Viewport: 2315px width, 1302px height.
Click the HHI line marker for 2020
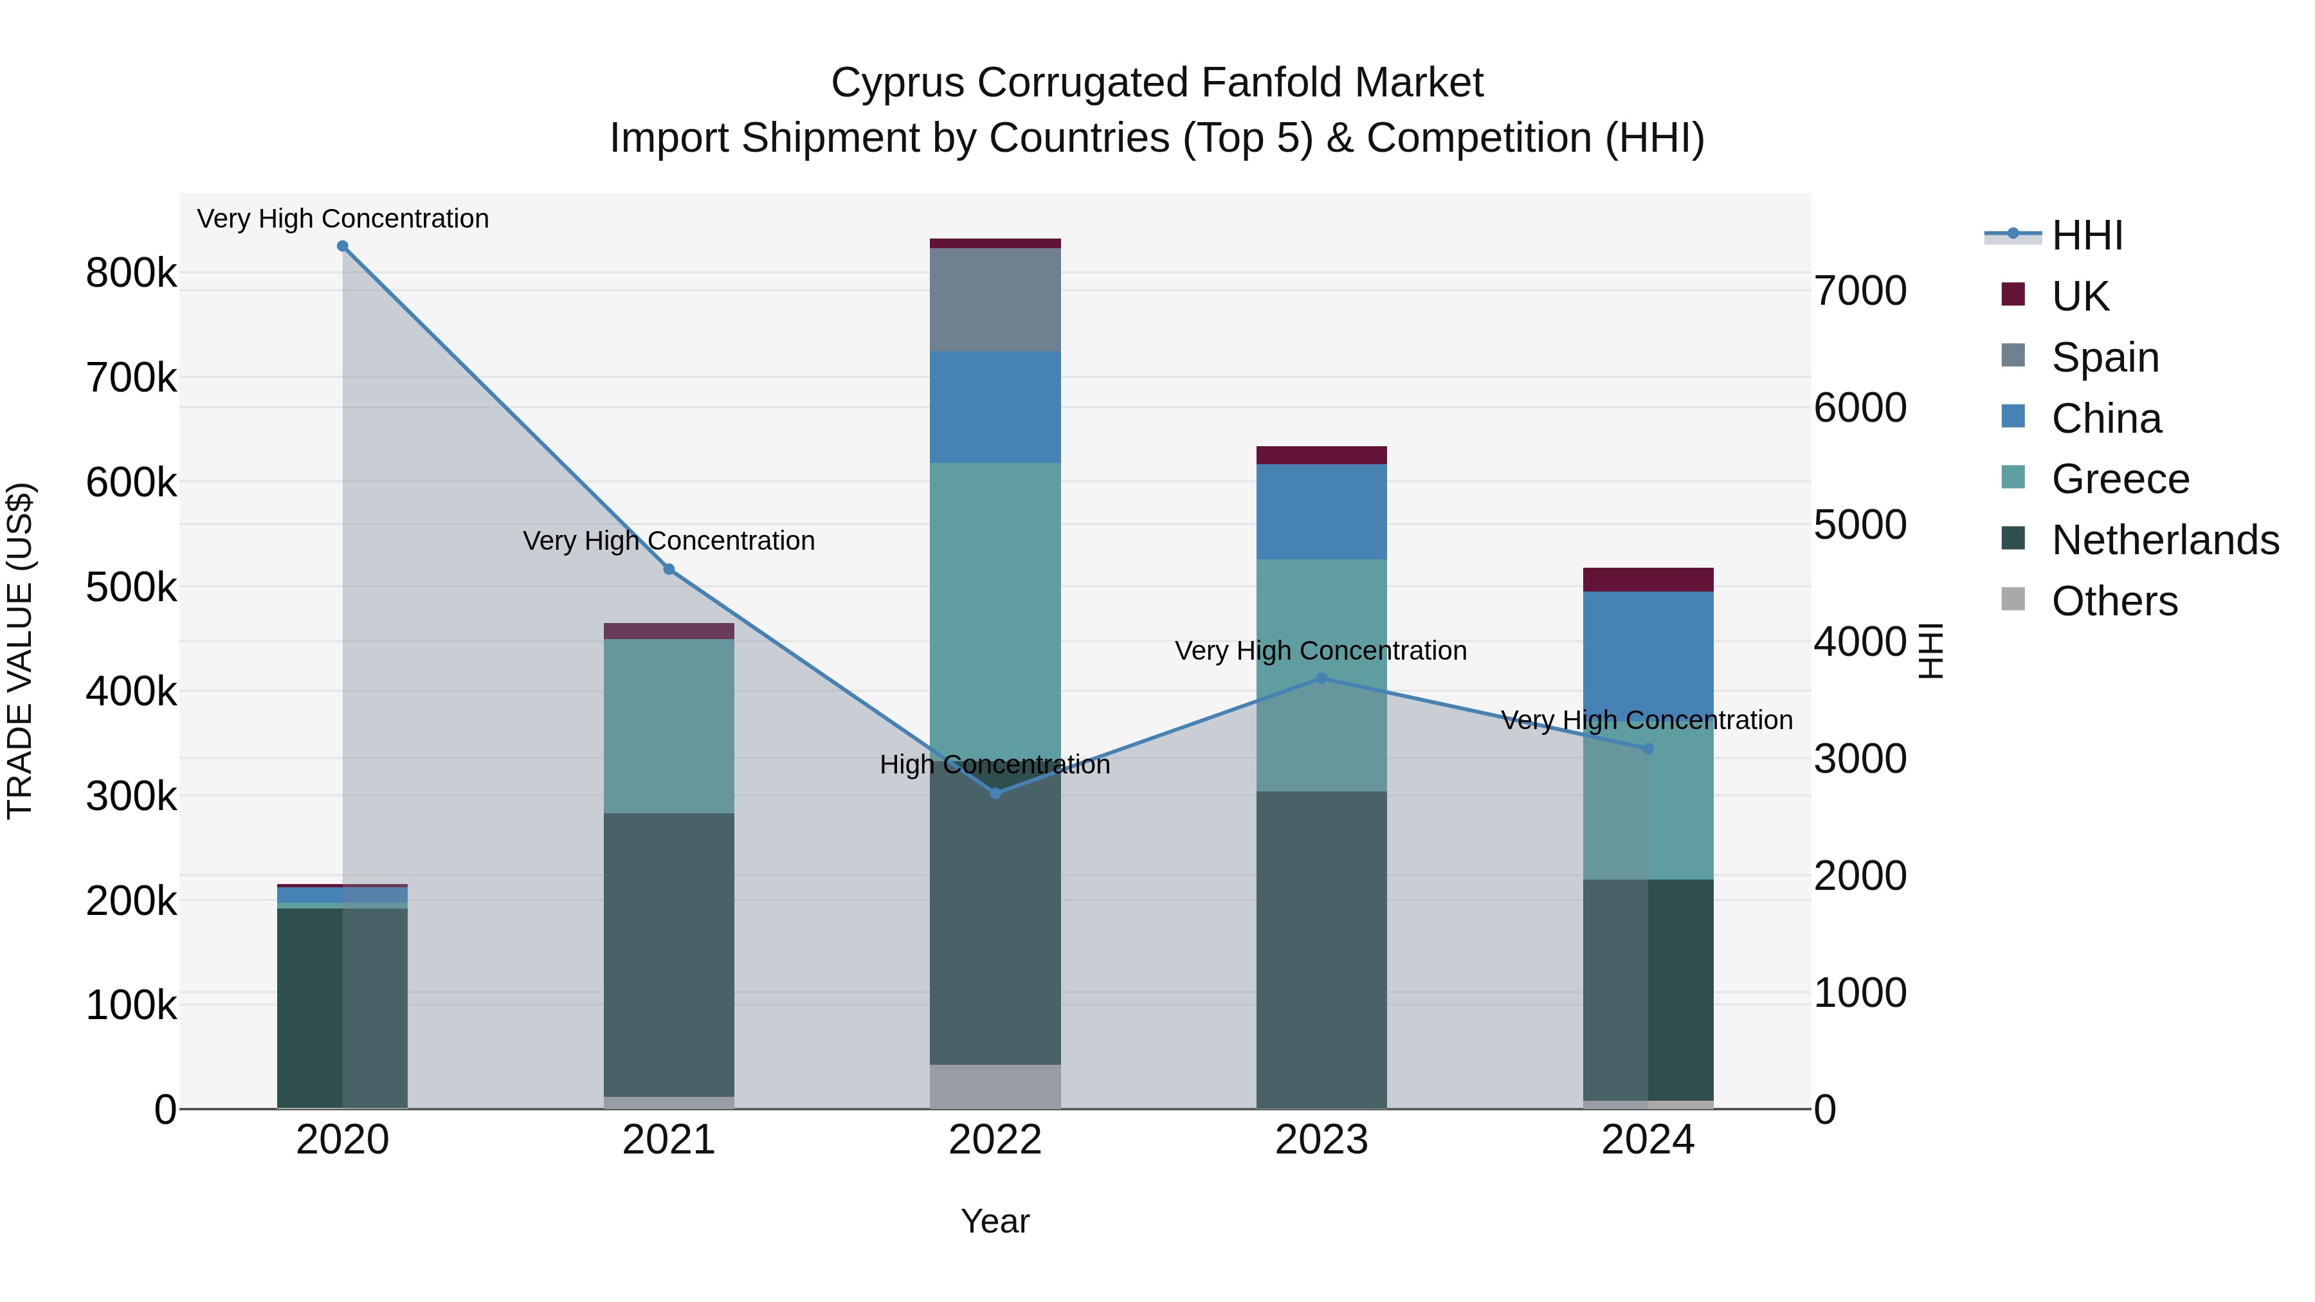342,246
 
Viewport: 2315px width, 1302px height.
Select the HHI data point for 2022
995,793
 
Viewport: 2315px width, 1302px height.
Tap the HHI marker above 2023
1321,678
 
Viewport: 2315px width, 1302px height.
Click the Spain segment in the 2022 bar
995,299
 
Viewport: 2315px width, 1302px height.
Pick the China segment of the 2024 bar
1648,651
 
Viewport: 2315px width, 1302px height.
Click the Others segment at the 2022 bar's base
995,1087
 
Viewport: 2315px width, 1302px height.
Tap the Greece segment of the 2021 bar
669,726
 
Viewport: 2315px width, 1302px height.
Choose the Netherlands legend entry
2164,540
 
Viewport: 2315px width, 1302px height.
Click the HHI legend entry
2087,235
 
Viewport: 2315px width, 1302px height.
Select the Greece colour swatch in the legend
2013,477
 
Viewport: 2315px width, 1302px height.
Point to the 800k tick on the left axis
131,273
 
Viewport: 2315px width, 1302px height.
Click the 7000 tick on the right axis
1859,291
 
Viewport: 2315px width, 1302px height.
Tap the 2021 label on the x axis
669,1140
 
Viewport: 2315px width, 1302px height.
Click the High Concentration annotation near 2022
995,764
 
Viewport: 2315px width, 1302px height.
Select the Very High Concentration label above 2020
342,219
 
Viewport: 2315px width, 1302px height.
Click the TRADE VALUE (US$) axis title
21,651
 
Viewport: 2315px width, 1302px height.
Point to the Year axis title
995,1221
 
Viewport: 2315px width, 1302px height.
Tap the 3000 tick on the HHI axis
1859,759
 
